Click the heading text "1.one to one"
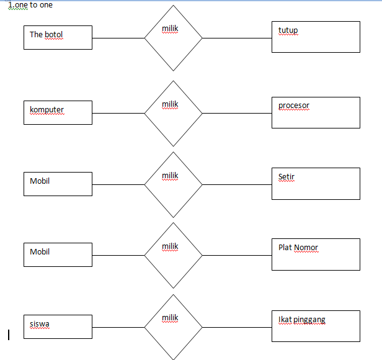(30, 5)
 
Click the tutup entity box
(315, 37)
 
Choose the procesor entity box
(315, 112)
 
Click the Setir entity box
(315, 184)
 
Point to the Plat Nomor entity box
(315, 254)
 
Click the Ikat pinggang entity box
(315, 326)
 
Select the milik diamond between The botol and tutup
(173, 38)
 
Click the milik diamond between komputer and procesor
(173, 113)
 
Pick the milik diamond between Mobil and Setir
(173, 184)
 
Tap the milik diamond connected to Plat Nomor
(173, 255)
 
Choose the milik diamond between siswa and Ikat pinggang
(173, 326)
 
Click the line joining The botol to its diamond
(118, 38)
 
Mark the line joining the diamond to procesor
(237, 113)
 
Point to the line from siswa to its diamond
(118, 326)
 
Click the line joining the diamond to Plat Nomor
(237, 255)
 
